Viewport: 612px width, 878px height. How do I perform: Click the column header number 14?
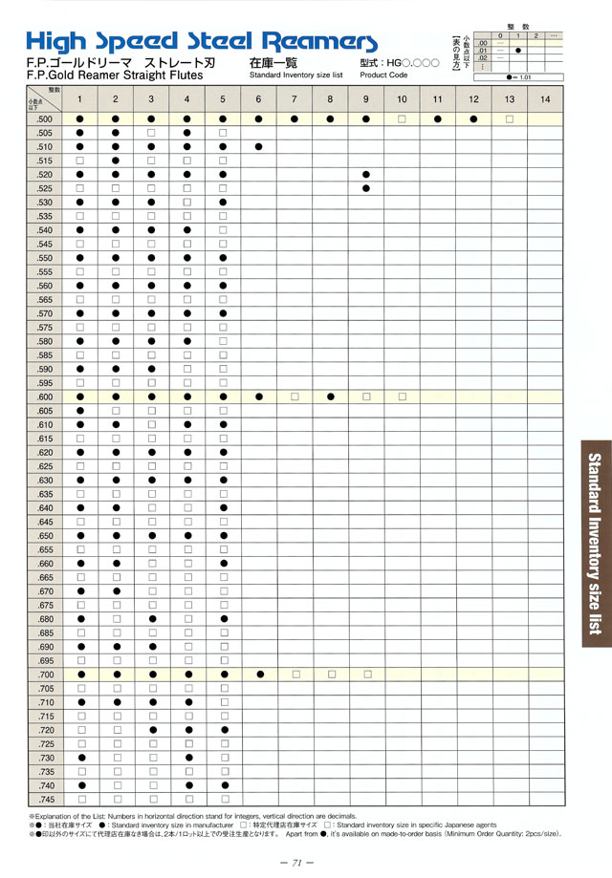pos(545,99)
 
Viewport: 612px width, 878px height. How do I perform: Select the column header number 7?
pos(295,99)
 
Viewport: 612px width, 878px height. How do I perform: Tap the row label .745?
pos(45,799)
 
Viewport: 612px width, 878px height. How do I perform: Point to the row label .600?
pos(45,396)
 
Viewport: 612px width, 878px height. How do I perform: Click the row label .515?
pos(45,161)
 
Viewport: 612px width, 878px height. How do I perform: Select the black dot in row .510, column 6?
pos(259,146)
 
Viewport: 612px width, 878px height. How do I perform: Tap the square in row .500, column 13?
pos(510,118)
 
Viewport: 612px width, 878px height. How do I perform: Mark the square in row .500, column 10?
pos(402,118)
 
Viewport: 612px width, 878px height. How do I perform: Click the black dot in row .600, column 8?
pos(331,396)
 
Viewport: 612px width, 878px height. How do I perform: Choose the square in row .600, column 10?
pos(402,396)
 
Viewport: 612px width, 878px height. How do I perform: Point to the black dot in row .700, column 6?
pos(259,674)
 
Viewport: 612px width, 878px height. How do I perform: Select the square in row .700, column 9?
pos(366,674)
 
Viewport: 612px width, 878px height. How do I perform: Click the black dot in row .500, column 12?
pos(473,118)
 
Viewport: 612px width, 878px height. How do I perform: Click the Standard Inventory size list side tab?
pos(596,543)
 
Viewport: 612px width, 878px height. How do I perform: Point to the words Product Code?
pos(384,74)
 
